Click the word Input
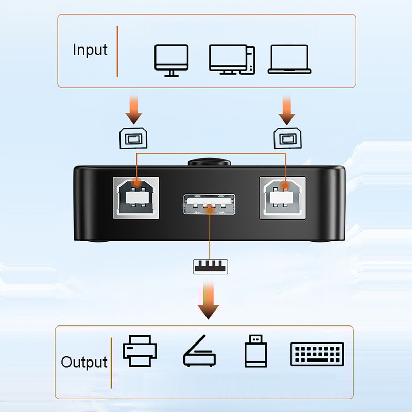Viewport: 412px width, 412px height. (x=90, y=50)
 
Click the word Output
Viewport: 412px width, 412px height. (x=84, y=362)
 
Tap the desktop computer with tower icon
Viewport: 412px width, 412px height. (x=232, y=60)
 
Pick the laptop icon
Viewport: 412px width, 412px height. (x=289, y=60)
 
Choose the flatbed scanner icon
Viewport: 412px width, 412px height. (x=199, y=352)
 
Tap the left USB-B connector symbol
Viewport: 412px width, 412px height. (x=134, y=139)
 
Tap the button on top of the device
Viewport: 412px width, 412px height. (x=209, y=162)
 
